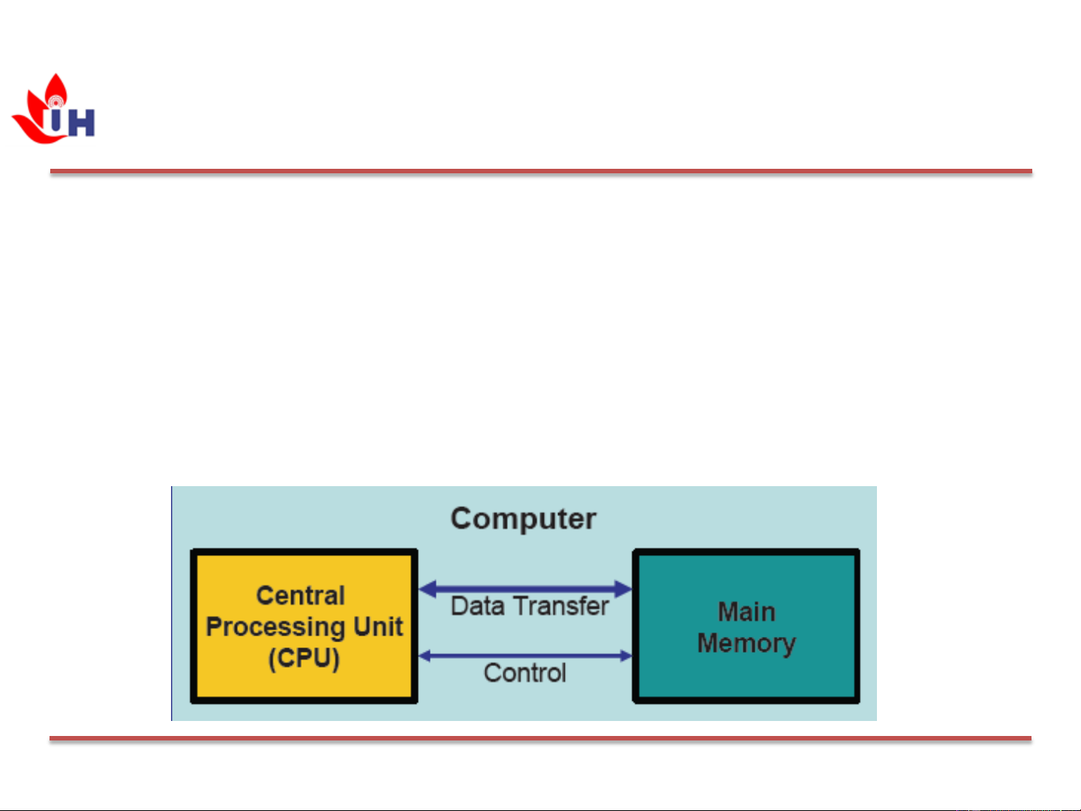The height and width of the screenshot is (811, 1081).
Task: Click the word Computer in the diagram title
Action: [x=523, y=518]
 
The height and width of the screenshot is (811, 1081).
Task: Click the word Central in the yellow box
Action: [x=300, y=595]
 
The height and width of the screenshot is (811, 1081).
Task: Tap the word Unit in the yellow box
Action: [x=378, y=626]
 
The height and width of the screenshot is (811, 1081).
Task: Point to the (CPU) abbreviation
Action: [x=304, y=658]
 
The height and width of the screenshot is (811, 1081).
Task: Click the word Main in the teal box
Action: [x=746, y=611]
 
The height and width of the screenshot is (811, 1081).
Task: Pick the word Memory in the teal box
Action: [x=746, y=643]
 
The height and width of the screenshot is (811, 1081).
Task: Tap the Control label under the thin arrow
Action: [x=524, y=673]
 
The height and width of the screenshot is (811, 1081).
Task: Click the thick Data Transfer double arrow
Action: [x=525, y=589]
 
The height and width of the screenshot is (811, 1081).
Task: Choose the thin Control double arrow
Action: [x=525, y=656]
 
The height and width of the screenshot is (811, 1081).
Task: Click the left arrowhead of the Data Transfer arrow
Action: [x=428, y=589]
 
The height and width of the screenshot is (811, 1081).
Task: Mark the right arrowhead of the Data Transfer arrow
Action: [x=623, y=589]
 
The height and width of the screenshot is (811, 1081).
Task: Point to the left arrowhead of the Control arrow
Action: [x=425, y=656]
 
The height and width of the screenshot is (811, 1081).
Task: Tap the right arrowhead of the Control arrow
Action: [x=626, y=656]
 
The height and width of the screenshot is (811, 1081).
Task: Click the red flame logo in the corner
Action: [x=38, y=113]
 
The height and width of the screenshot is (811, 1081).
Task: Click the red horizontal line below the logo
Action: [x=541, y=172]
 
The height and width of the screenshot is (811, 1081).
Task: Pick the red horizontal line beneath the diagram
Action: [x=540, y=738]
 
